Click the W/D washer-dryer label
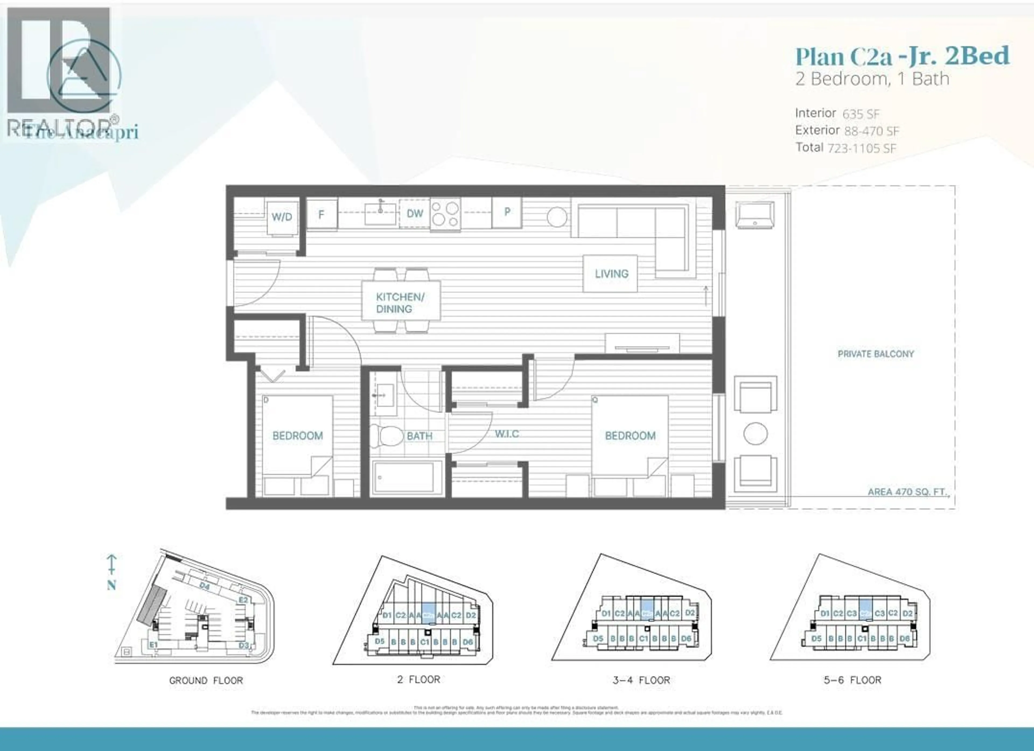282,216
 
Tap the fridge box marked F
322,214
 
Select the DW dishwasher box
414,213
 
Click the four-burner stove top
445,214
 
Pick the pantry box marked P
506,212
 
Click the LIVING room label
611,274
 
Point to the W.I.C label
506,434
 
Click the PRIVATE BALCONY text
875,354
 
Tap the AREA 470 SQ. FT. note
907,492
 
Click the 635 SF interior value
861,114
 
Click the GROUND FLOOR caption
206,680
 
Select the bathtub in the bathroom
407,477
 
